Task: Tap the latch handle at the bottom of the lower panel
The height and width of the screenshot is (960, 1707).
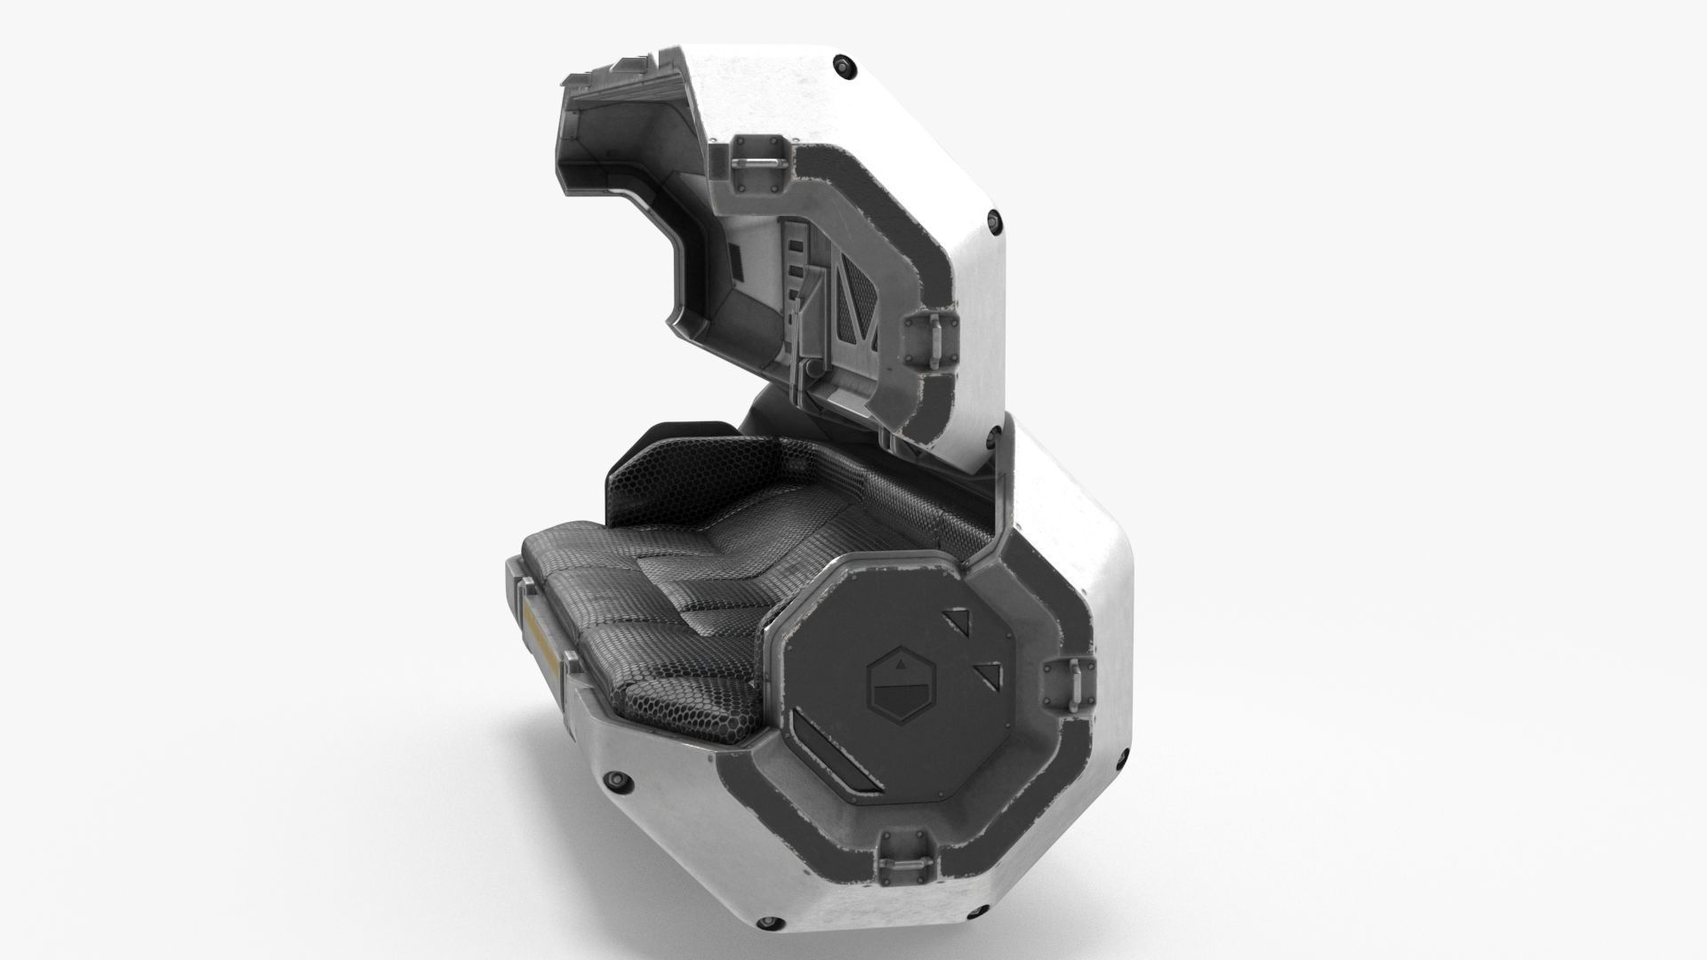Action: (907, 861)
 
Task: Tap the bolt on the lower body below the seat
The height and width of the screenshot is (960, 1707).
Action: (614, 780)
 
